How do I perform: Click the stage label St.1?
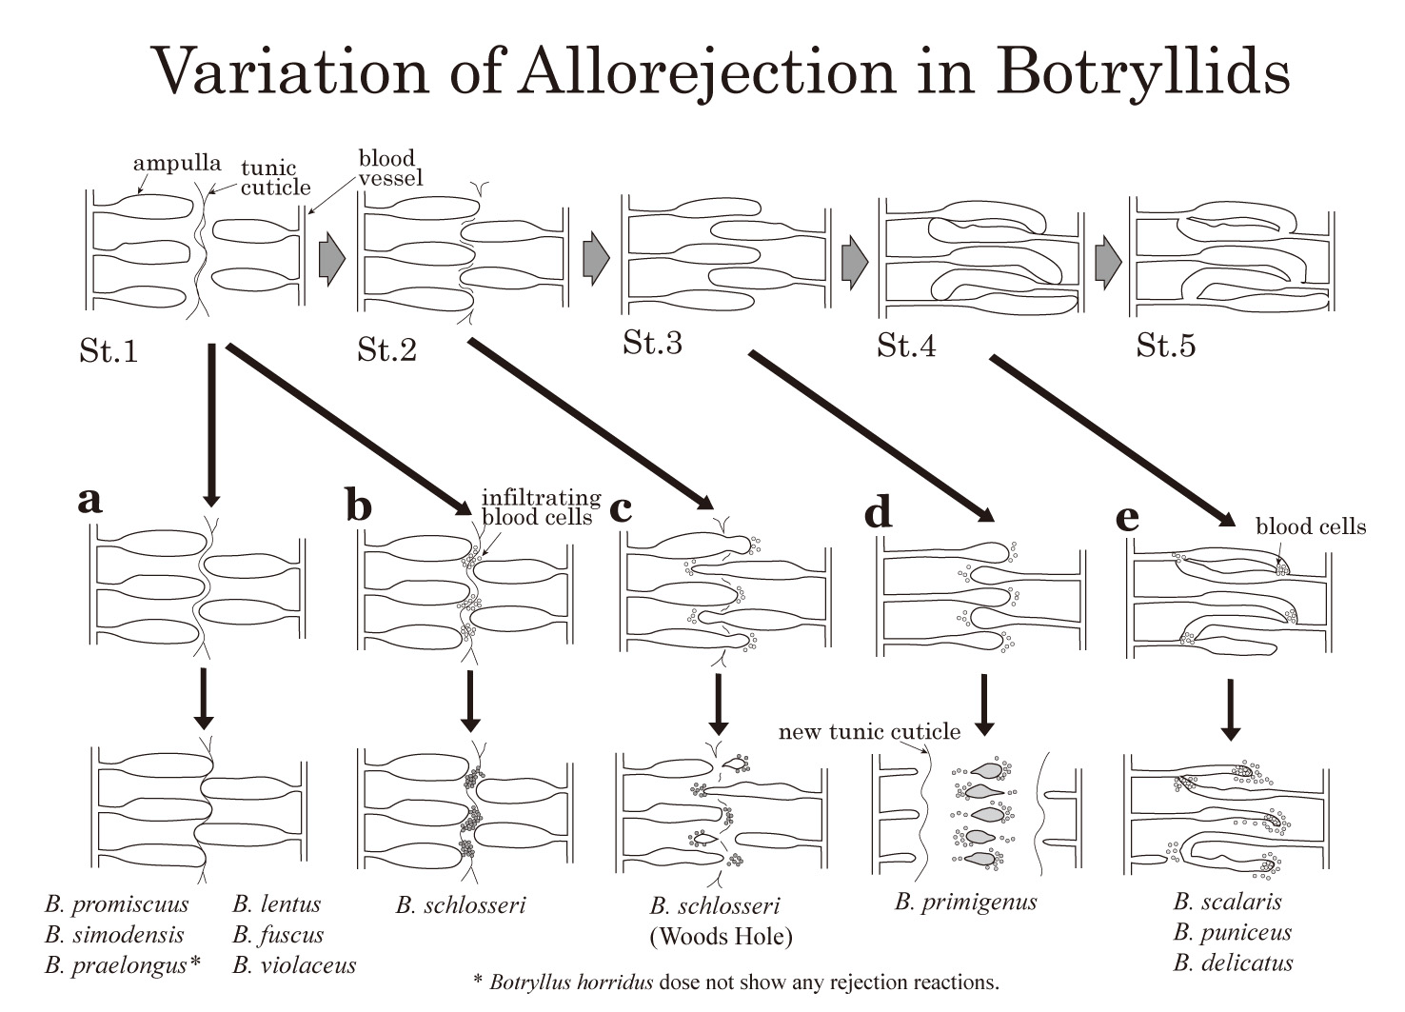tap(109, 351)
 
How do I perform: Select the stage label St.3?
tap(652, 343)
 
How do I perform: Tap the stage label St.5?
tap(1165, 346)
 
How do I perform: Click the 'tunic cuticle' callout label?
tap(274, 178)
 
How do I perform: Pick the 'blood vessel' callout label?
tap(389, 168)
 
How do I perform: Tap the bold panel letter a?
tap(89, 499)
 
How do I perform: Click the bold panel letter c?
tap(620, 508)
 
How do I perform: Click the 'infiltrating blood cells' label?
tap(540, 507)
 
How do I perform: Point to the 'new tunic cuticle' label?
tap(868, 731)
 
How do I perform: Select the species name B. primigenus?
tap(965, 901)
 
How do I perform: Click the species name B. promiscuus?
tap(116, 903)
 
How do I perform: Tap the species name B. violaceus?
tap(294, 964)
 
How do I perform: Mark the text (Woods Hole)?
tap(721, 936)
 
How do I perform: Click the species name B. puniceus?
tap(1232, 932)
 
